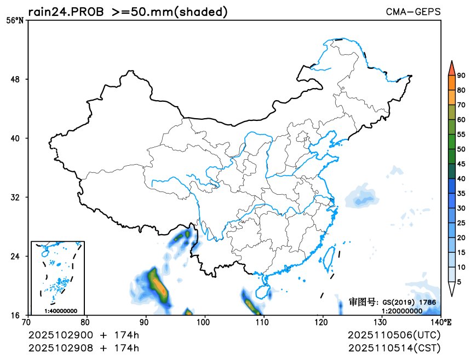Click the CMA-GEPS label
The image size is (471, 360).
413,11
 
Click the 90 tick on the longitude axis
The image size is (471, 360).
146,323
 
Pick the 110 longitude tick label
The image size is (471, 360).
263,323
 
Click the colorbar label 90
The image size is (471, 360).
461,76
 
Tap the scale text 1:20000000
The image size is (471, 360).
401,311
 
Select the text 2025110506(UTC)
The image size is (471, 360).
394,335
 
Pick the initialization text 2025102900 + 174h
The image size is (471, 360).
83,335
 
